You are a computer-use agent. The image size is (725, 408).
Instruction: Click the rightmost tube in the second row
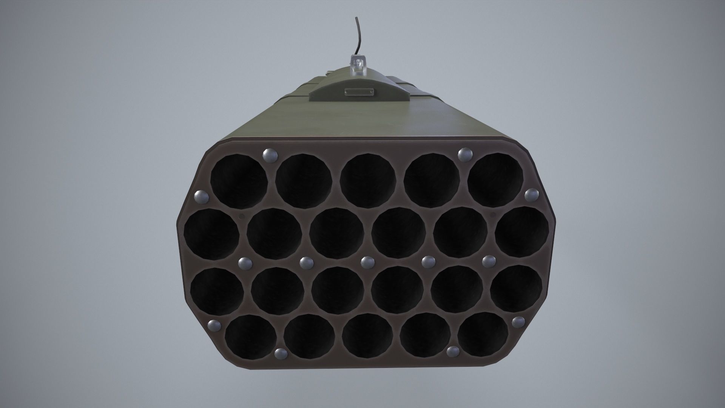pos(521,232)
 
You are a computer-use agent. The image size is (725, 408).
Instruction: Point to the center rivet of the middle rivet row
pos(366,261)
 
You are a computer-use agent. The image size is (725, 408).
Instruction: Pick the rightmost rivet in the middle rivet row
pos(488,261)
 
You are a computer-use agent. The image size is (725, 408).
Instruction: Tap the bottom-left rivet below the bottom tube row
pos(280,354)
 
